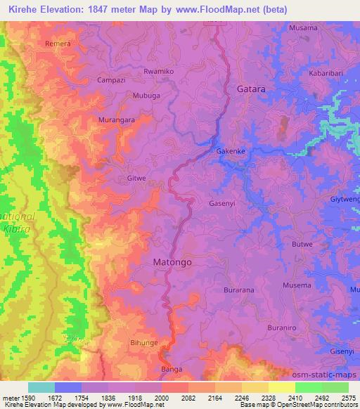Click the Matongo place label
[172, 262]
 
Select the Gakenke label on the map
[231, 151]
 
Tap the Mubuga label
[146, 94]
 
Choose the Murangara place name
[116, 121]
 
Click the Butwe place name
[302, 244]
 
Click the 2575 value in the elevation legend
[348, 397]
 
